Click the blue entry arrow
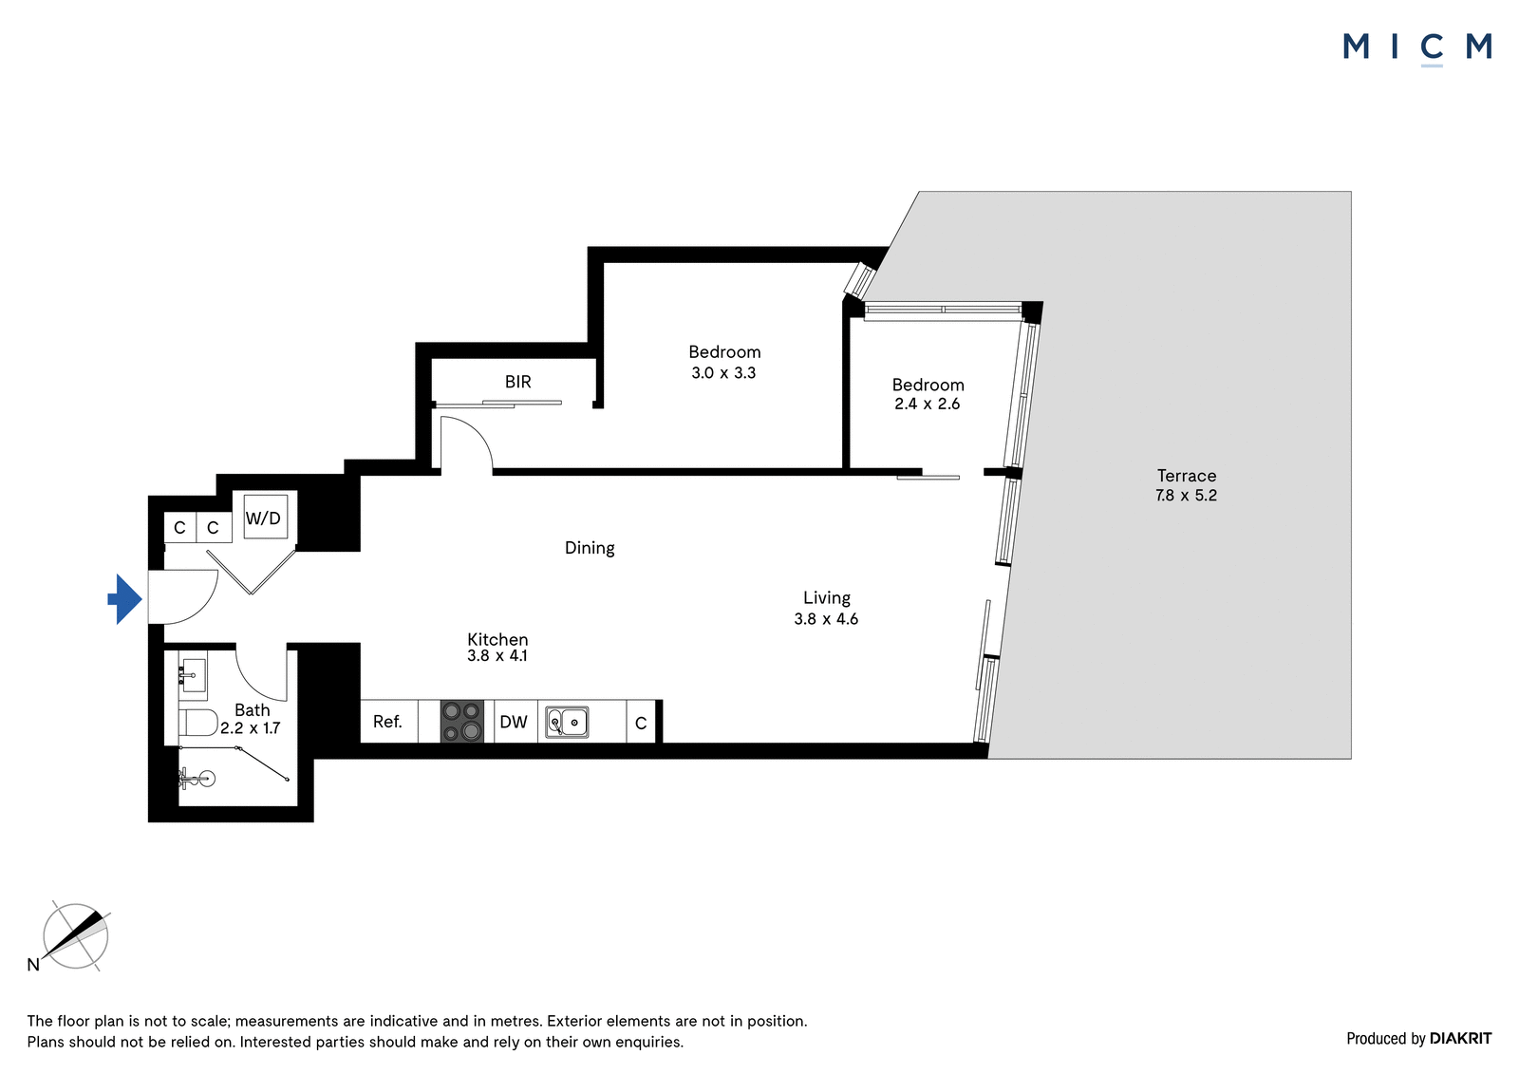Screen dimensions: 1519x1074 point(125,599)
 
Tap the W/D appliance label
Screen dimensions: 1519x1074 point(263,518)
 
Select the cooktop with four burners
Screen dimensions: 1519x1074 point(461,721)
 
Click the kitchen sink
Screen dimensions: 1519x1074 point(567,722)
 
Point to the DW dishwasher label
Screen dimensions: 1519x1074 point(514,722)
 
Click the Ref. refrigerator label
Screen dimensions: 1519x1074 point(388,721)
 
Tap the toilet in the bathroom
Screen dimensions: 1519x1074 point(198,723)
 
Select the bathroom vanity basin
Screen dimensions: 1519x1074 point(194,675)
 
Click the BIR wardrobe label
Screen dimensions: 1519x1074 point(518,382)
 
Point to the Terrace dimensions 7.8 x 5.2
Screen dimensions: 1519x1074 point(1186,496)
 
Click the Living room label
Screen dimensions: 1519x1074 point(827,597)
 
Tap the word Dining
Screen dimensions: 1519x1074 point(590,548)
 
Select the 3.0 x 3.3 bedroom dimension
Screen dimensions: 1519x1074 point(723,372)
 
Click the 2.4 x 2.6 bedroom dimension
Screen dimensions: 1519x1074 point(927,404)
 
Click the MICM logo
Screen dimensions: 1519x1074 point(1417,47)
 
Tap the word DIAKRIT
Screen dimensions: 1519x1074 point(1461,1039)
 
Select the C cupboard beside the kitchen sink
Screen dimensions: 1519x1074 point(641,724)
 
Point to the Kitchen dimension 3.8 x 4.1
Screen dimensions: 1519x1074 point(497,655)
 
